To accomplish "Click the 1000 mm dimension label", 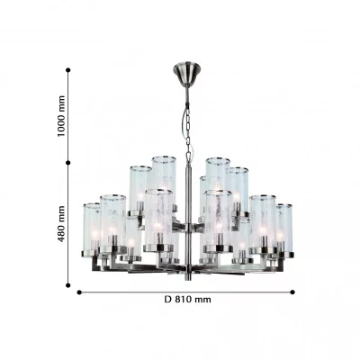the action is [x=61, y=116].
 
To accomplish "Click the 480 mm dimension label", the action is [x=61, y=224].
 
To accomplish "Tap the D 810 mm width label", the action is [x=187, y=300].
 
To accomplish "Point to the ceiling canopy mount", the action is [x=187, y=75].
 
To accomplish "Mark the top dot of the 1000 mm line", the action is [x=68, y=70].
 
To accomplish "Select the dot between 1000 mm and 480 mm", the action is [x=68, y=163].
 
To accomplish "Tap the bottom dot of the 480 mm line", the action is [x=68, y=285].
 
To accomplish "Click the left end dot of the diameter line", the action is [x=79, y=292].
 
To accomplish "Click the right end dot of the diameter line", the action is [x=292, y=292].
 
